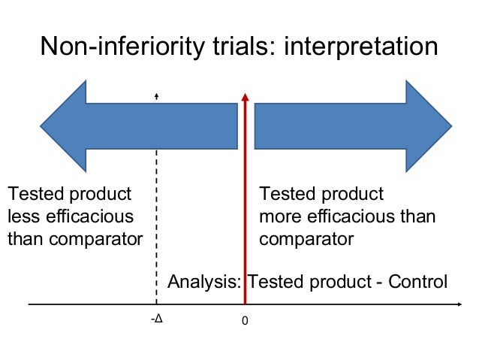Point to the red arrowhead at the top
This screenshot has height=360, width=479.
tap(244, 98)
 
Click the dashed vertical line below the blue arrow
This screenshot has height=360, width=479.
tap(156, 225)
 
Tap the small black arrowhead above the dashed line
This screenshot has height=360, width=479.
tap(156, 96)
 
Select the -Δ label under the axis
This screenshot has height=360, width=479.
tap(156, 319)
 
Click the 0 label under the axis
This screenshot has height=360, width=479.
tap(244, 320)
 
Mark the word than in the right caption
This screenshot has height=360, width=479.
tap(419, 217)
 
